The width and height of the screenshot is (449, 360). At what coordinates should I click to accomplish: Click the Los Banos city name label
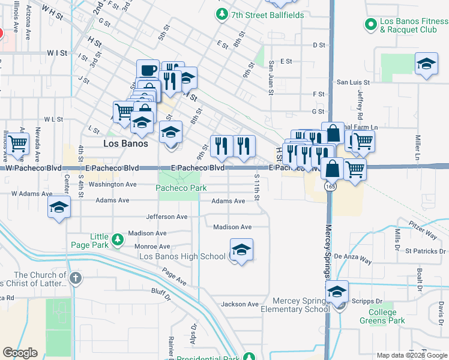tap(125, 143)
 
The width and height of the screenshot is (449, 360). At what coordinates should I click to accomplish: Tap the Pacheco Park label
tap(181, 188)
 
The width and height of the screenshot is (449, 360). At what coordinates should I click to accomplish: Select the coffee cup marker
tap(148, 71)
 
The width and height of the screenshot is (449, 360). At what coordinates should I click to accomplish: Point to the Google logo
tap(20, 353)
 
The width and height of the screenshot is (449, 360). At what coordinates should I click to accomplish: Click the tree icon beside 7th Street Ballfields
tap(223, 13)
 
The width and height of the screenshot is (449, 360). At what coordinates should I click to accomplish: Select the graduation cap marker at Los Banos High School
tap(241, 250)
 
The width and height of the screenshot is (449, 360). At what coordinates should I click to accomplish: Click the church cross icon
tap(75, 277)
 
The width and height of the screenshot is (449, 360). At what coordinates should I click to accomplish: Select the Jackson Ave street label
tap(240, 304)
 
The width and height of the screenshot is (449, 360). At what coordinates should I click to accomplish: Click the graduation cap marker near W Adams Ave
tap(59, 207)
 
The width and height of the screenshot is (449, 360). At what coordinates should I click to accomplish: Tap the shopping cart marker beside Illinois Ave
tap(17, 143)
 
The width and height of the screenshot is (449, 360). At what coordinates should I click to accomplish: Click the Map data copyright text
tap(412, 355)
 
